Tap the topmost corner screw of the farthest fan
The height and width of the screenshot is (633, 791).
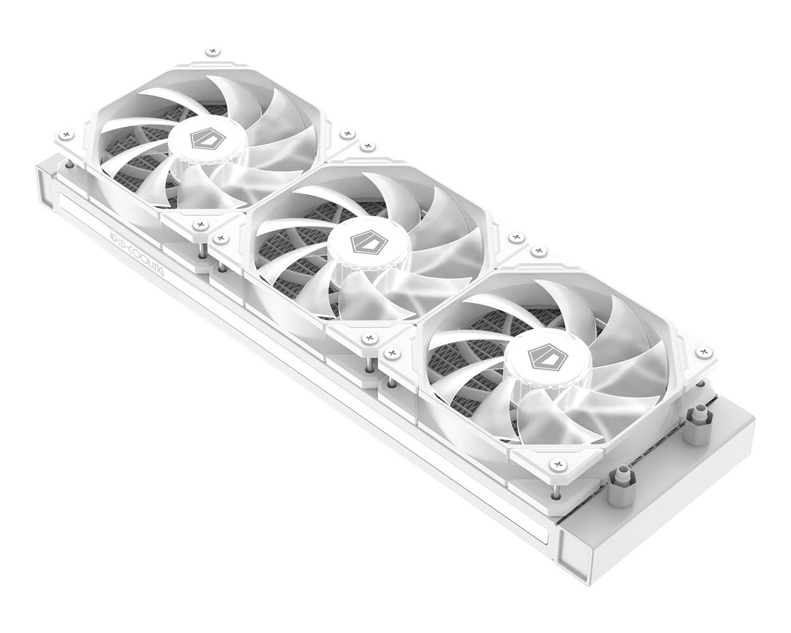(211, 51)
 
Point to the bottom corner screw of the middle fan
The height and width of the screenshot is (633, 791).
(367, 339)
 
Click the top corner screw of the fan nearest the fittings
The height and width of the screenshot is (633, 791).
(540, 251)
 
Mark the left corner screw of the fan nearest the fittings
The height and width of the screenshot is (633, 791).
(394, 353)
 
